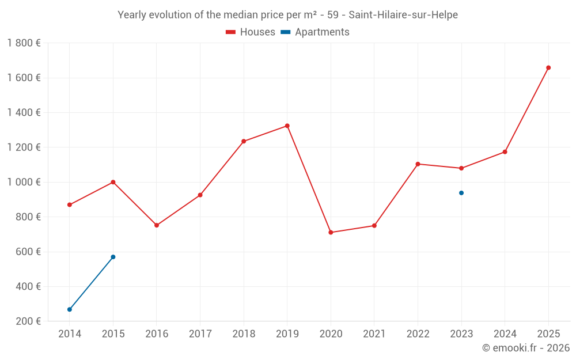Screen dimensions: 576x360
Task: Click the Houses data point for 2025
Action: (x=548, y=67)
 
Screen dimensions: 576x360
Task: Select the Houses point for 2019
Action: (x=287, y=126)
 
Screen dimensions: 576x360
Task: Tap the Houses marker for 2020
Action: (x=331, y=233)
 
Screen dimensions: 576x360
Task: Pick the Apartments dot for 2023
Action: (x=461, y=193)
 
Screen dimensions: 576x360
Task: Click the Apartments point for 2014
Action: (x=70, y=310)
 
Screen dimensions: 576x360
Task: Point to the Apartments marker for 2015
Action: (x=113, y=257)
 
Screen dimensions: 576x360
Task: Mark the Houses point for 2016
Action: (x=157, y=225)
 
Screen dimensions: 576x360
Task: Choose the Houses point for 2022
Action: (x=418, y=164)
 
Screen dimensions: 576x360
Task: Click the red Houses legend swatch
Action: (x=231, y=32)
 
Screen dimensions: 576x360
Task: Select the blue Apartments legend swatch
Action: (x=286, y=32)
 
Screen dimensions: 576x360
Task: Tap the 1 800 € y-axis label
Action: (x=24, y=43)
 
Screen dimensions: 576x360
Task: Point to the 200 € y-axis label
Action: (x=28, y=321)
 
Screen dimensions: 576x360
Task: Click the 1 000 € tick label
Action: (x=24, y=182)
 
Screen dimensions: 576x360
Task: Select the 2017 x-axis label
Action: (x=200, y=334)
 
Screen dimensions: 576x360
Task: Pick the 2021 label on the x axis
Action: (x=374, y=334)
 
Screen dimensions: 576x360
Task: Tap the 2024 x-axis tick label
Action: (x=505, y=334)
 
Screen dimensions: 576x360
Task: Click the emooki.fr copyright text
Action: (x=526, y=347)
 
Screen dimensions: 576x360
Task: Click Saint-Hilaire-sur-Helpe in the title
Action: (x=403, y=15)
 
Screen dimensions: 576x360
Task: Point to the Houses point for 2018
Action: (x=244, y=142)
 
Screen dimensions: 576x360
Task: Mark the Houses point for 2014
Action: (x=70, y=205)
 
